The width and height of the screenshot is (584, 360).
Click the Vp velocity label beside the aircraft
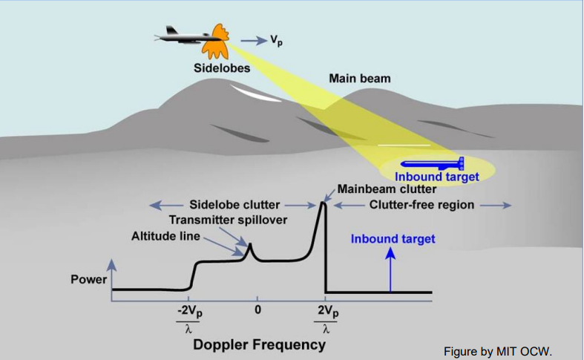pyautogui.click(x=275, y=42)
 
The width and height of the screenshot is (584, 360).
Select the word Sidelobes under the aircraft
pyautogui.click(x=216, y=67)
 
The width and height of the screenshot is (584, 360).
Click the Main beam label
pyautogui.click(x=359, y=78)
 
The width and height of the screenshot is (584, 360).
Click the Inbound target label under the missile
pyautogui.click(x=436, y=177)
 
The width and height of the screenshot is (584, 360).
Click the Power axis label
pyautogui.click(x=89, y=280)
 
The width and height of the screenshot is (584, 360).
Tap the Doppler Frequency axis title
pyautogui.click(x=260, y=344)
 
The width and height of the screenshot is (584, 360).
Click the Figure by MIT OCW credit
pyautogui.click(x=499, y=350)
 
